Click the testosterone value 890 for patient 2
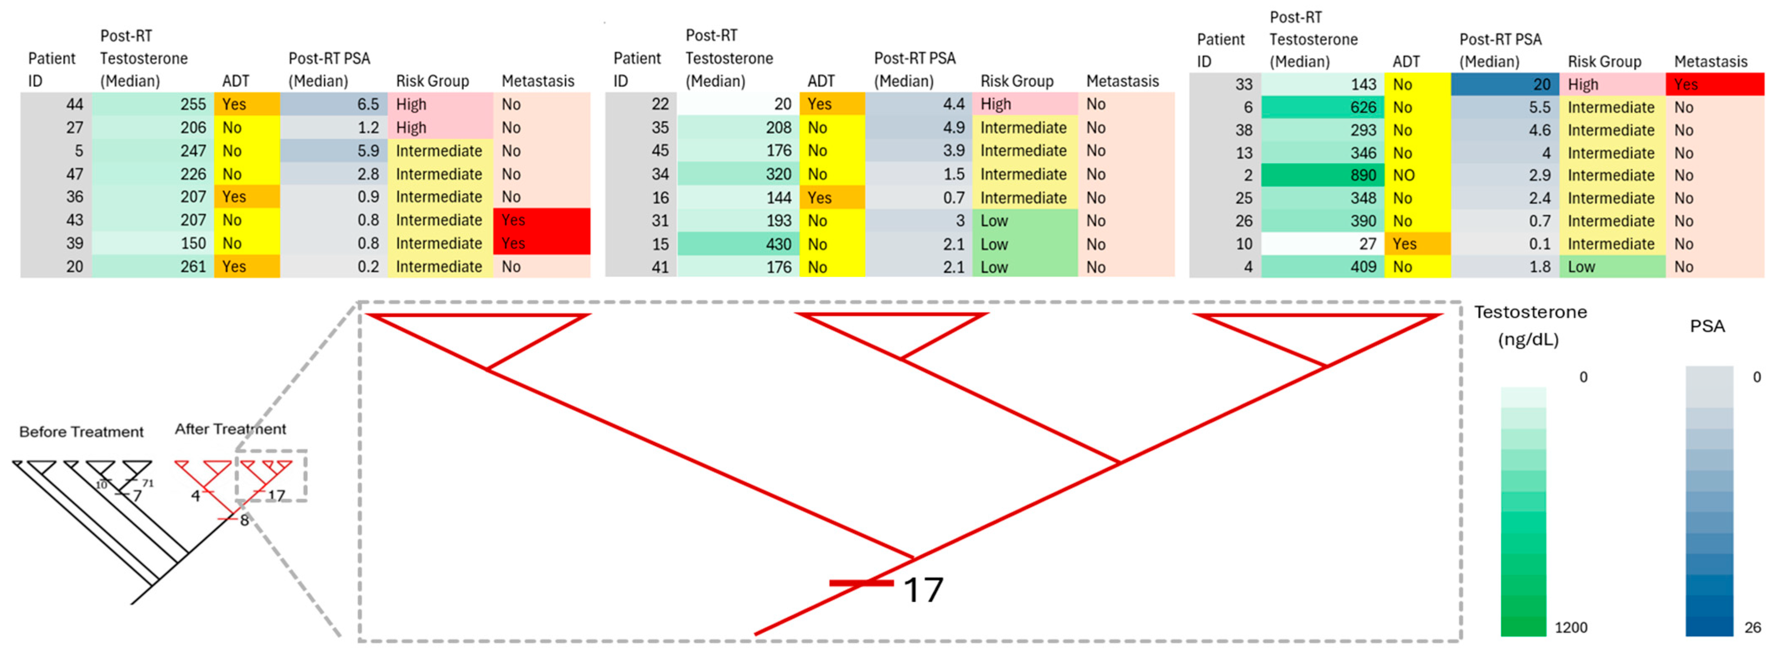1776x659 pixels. click(x=1362, y=175)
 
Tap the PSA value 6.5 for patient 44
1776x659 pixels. click(x=367, y=104)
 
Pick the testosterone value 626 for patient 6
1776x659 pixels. click(x=1362, y=107)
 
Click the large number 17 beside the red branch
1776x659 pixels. click(x=922, y=590)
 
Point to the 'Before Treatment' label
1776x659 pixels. click(x=81, y=432)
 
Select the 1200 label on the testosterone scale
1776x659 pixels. click(x=1571, y=627)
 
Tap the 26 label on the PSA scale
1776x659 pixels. click(x=1752, y=627)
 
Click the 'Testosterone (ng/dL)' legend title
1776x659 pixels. click(x=1530, y=325)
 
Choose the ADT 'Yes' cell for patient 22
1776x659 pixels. click(x=831, y=104)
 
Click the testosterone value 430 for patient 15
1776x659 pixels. click(x=778, y=244)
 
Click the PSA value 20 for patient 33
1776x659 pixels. click(x=1541, y=84)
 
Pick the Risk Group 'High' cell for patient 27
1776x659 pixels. click(x=439, y=128)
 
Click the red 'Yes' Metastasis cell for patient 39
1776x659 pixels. click(x=541, y=243)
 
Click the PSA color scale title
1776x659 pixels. click(x=1706, y=326)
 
